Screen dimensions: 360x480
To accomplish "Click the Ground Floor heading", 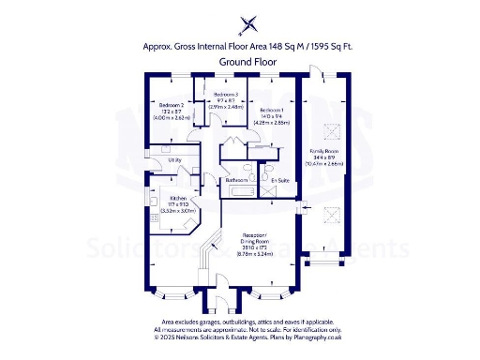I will (239, 61).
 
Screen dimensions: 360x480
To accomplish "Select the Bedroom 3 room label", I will (225, 95).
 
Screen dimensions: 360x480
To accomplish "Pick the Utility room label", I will (174, 160).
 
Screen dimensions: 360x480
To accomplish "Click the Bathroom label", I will (236, 179).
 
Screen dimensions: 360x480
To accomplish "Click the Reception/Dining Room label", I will (254, 236).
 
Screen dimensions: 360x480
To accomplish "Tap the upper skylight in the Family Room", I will (328, 128).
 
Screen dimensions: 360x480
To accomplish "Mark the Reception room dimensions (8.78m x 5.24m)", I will (254, 255).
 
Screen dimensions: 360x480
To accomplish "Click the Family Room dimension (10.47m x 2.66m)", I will (324, 163).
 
